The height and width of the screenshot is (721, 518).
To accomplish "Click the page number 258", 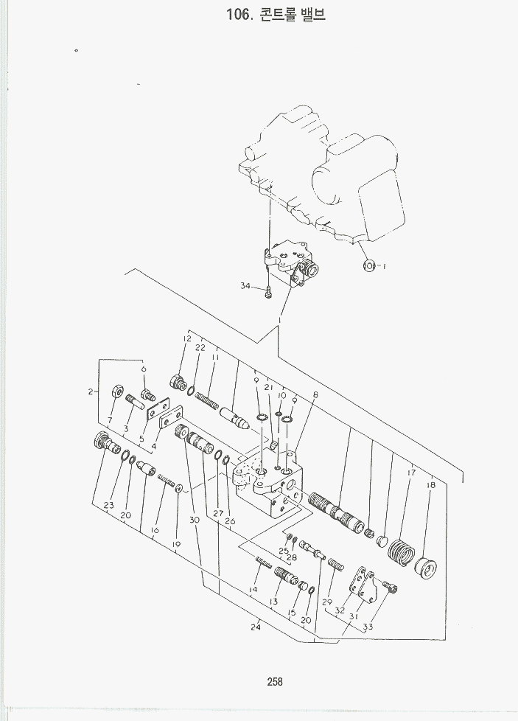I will (275, 682).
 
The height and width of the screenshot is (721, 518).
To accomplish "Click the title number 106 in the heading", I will (239, 15).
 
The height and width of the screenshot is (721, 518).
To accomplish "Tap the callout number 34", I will (245, 286).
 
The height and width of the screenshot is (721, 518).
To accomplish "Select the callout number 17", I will (411, 473).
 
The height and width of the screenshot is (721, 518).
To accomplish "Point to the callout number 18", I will (430, 485).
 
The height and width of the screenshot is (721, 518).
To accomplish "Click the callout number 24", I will (256, 627).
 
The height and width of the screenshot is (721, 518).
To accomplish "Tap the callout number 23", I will (109, 505).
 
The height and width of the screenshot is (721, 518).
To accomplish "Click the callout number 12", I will (187, 339).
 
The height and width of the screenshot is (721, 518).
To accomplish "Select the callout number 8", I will (315, 395).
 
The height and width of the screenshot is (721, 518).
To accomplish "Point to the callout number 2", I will (91, 391).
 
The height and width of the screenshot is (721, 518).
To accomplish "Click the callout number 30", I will (195, 520).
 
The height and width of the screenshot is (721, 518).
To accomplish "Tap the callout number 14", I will (253, 590).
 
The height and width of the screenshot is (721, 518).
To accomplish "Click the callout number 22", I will (200, 347).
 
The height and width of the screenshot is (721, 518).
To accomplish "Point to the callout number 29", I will (326, 602).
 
